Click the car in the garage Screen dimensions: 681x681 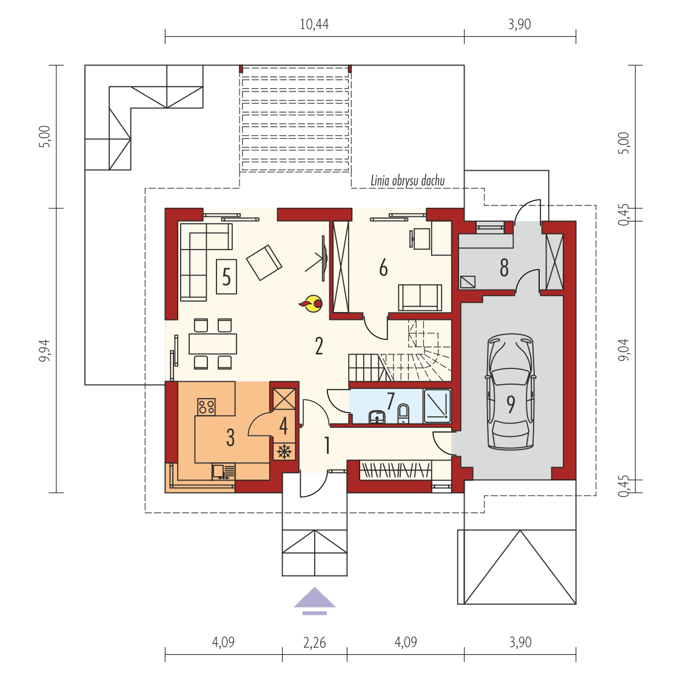point(511,392)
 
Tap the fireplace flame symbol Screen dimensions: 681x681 point(312,304)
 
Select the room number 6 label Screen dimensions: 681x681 point(383,267)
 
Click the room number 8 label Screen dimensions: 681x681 point(504,267)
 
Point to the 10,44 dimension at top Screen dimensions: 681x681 point(314,24)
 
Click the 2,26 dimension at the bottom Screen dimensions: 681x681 point(314,642)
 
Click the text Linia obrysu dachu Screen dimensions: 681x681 point(408,181)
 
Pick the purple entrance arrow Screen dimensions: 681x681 point(314,599)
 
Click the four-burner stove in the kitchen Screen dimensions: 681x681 point(206,407)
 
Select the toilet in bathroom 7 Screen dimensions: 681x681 point(403,414)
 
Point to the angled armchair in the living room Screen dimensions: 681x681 point(264,262)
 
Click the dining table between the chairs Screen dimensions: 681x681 point(212,344)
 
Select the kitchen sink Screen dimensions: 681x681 point(224,471)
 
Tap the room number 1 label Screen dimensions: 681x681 point(327,446)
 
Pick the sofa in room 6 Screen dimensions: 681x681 point(420,297)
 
